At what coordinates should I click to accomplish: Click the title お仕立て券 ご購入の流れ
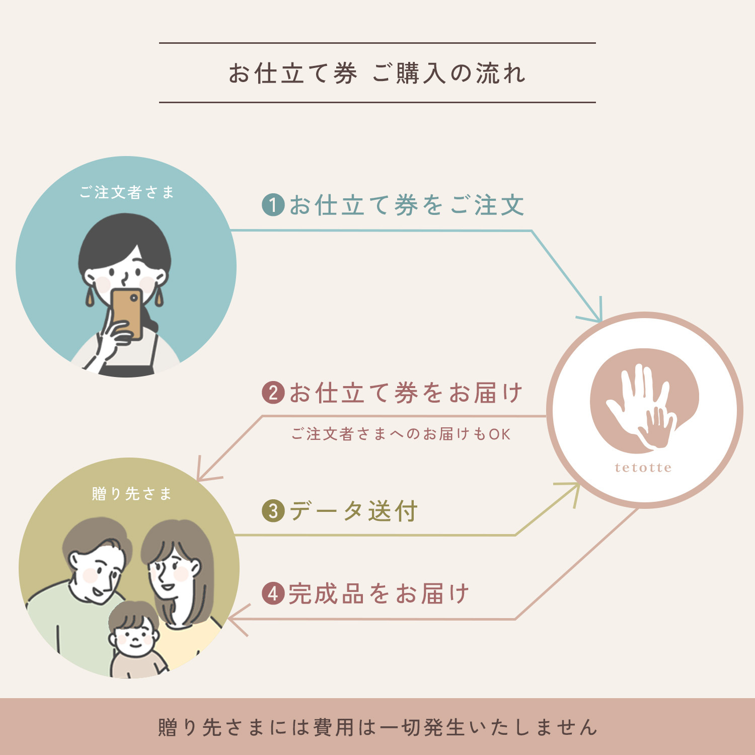pos(377,73)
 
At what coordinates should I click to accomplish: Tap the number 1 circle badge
pos(273,205)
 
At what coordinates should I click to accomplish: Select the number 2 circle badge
pos(273,393)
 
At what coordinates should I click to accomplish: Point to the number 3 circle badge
pos(273,511)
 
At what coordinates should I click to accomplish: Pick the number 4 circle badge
pos(273,593)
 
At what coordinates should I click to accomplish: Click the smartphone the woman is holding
pos(126,313)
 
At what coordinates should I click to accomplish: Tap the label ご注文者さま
pos(127,192)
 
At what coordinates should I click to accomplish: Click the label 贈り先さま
pos(132,493)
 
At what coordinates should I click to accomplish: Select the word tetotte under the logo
pos(643,468)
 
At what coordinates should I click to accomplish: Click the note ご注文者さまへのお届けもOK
pos(401,434)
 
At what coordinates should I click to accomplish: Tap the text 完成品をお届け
pos(379,593)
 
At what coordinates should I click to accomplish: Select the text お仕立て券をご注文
pos(407,205)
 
